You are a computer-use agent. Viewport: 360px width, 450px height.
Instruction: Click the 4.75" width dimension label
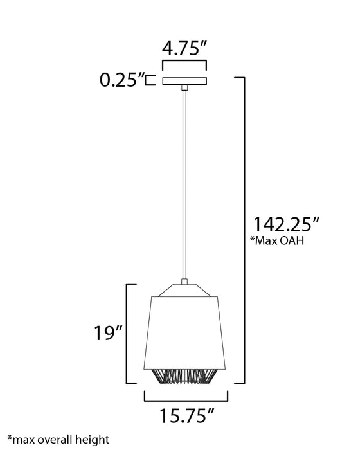point(184,48)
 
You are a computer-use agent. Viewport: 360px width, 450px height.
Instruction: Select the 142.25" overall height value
point(282,224)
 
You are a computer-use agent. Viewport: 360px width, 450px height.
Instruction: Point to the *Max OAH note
point(277,240)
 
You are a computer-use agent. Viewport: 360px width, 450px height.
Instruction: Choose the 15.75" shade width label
point(187,416)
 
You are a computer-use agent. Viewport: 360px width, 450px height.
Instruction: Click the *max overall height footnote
point(59,440)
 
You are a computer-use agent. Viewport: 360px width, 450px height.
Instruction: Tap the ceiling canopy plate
point(184,81)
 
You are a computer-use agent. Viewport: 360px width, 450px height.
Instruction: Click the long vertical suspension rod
point(184,184)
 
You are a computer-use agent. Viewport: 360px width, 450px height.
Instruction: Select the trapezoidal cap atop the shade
point(185,290)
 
